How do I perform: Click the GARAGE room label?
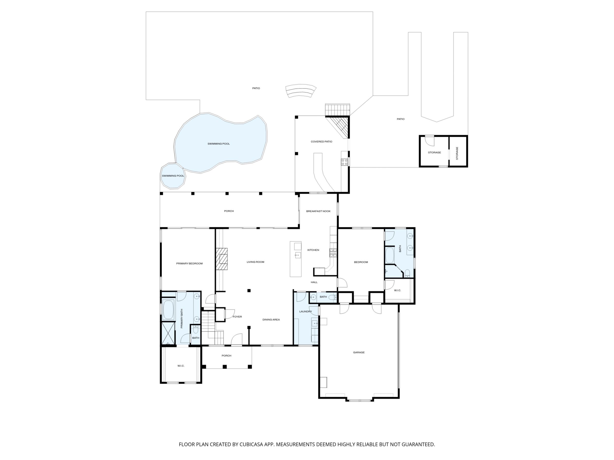coord(359,352)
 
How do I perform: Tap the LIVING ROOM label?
coord(255,262)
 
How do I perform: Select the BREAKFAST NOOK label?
coord(318,211)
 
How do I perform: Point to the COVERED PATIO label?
coord(322,142)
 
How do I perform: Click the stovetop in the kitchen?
coord(333,252)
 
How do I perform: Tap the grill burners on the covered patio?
coord(344,162)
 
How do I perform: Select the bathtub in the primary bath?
coord(169,309)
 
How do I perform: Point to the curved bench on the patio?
coord(301,91)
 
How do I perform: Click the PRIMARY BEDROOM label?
coord(189,263)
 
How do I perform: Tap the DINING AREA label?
coord(271,320)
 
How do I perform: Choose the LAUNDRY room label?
coord(306,311)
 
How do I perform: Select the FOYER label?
coord(237,317)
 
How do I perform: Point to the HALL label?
coord(314,282)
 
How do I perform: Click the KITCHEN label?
coord(313,250)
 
